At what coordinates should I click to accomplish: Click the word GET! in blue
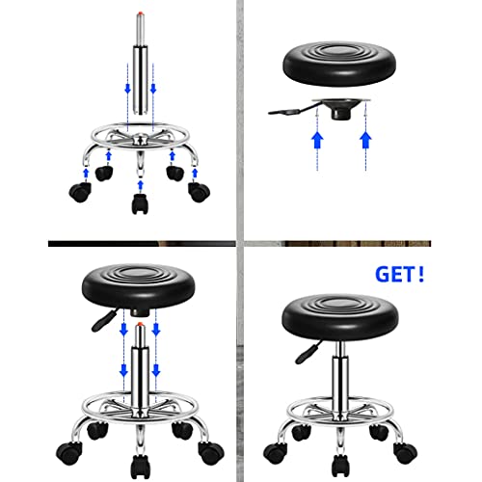click(400, 275)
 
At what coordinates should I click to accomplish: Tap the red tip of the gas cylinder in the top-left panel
click(140, 13)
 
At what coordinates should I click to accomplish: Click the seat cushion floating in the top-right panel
click(339, 64)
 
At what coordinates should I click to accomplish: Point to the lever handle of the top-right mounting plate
click(286, 111)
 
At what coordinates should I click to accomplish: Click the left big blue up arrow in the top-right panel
click(317, 140)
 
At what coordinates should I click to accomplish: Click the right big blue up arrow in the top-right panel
click(365, 140)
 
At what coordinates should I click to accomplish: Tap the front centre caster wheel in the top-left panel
click(140, 203)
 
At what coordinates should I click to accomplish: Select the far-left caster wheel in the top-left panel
click(80, 192)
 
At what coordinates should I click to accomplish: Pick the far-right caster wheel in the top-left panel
click(199, 192)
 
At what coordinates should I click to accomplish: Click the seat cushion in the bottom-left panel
click(139, 286)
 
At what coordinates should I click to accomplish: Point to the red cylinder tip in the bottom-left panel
click(140, 324)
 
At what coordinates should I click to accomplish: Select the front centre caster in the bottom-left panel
click(140, 467)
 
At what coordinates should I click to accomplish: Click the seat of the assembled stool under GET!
click(340, 317)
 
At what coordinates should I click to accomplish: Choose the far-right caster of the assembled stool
click(406, 452)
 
